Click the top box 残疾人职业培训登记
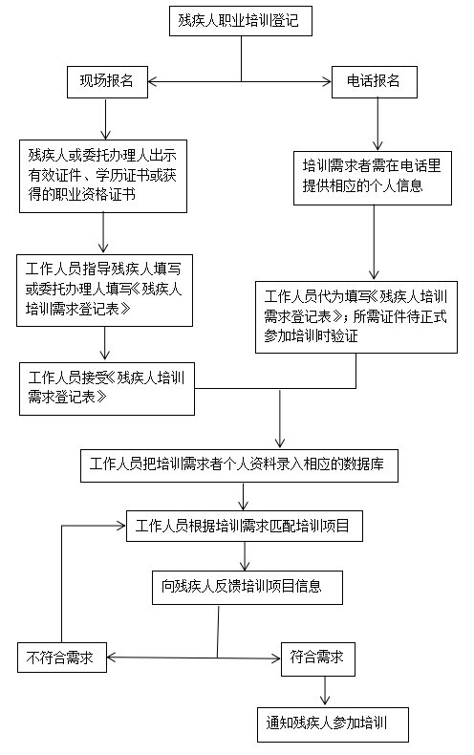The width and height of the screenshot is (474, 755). pyautogui.click(x=241, y=21)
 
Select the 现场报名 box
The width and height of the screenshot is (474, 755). pyautogui.click(x=107, y=82)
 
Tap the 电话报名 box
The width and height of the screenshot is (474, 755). pyautogui.click(x=375, y=82)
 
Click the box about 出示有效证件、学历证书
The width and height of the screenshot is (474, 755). pyautogui.click(x=103, y=176)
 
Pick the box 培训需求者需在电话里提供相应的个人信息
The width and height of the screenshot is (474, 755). pyautogui.click(x=373, y=178)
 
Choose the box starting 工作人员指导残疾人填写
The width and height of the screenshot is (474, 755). pyautogui.click(x=104, y=291)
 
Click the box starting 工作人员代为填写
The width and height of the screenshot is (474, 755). pyautogui.click(x=356, y=317)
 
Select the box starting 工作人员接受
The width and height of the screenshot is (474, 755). pyautogui.click(x=107, y=389)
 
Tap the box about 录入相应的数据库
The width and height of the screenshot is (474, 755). pyautogui.click(x=239, y=465)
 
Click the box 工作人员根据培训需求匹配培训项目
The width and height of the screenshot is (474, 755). pyautogui.click(x=245, y=526)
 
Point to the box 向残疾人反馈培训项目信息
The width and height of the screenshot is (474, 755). pyautogui.click(x=248, y=588)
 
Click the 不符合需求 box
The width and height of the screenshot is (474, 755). pyautogui.click(x=62, y=658)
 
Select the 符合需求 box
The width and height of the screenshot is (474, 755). pyautogui.click(x=318, y=658)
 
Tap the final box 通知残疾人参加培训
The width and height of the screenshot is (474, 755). pyautogui.click(x=333, y=724)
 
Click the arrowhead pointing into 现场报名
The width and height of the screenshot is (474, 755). pyautogui.click(x=152, y=81)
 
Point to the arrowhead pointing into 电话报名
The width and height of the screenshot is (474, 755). pyautogui.click(x=327, y=81)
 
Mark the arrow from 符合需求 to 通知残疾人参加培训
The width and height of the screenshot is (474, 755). pyautogui.click(x=325, y=691)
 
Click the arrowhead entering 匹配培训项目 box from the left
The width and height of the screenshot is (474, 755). pyautogui.click(x=121, y=526)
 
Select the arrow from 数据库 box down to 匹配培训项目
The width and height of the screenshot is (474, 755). pyautogui.click(x=244, y=496)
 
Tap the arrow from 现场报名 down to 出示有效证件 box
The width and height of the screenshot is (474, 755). pyautogui.click(x=105, y=119)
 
